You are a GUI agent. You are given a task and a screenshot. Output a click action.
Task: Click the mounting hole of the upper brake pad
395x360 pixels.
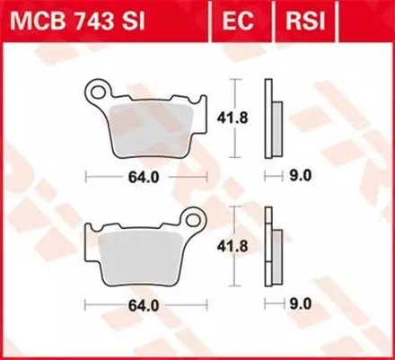pos(97,90)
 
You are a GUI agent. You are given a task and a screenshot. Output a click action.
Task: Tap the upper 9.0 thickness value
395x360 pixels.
pos(300,176)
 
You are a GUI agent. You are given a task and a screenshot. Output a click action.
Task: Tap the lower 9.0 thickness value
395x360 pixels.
pos(300,305)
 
